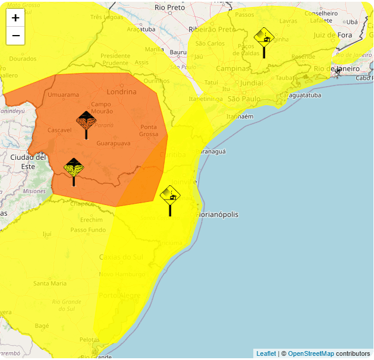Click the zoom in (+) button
(15, 17)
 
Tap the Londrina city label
(121, 91)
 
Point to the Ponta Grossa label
(149, 131)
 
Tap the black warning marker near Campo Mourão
(86, 121)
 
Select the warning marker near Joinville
(171, 195)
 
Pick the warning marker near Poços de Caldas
(264, 38)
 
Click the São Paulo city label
(244, 99)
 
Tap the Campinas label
(233, 68)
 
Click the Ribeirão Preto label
(211, 29)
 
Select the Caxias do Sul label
(121, 257)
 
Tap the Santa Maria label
(50, 283)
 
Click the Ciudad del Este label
(28, 162)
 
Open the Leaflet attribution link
(266, 353)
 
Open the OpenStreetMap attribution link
(311, 353)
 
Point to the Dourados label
(23, 59)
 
